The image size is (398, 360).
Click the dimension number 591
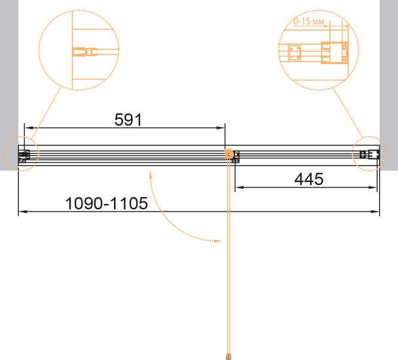tap(128, 120)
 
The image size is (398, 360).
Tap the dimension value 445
tap(309, 179)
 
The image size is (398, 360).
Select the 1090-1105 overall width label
tap(106, 204)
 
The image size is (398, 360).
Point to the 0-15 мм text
tap(309, 22)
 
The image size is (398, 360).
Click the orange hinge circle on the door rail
tap(229, 154)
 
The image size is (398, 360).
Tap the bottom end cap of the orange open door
tap(228, 356)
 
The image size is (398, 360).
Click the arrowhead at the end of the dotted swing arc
tap(218, 241)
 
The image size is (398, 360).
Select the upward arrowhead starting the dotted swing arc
tap(151, 175)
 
